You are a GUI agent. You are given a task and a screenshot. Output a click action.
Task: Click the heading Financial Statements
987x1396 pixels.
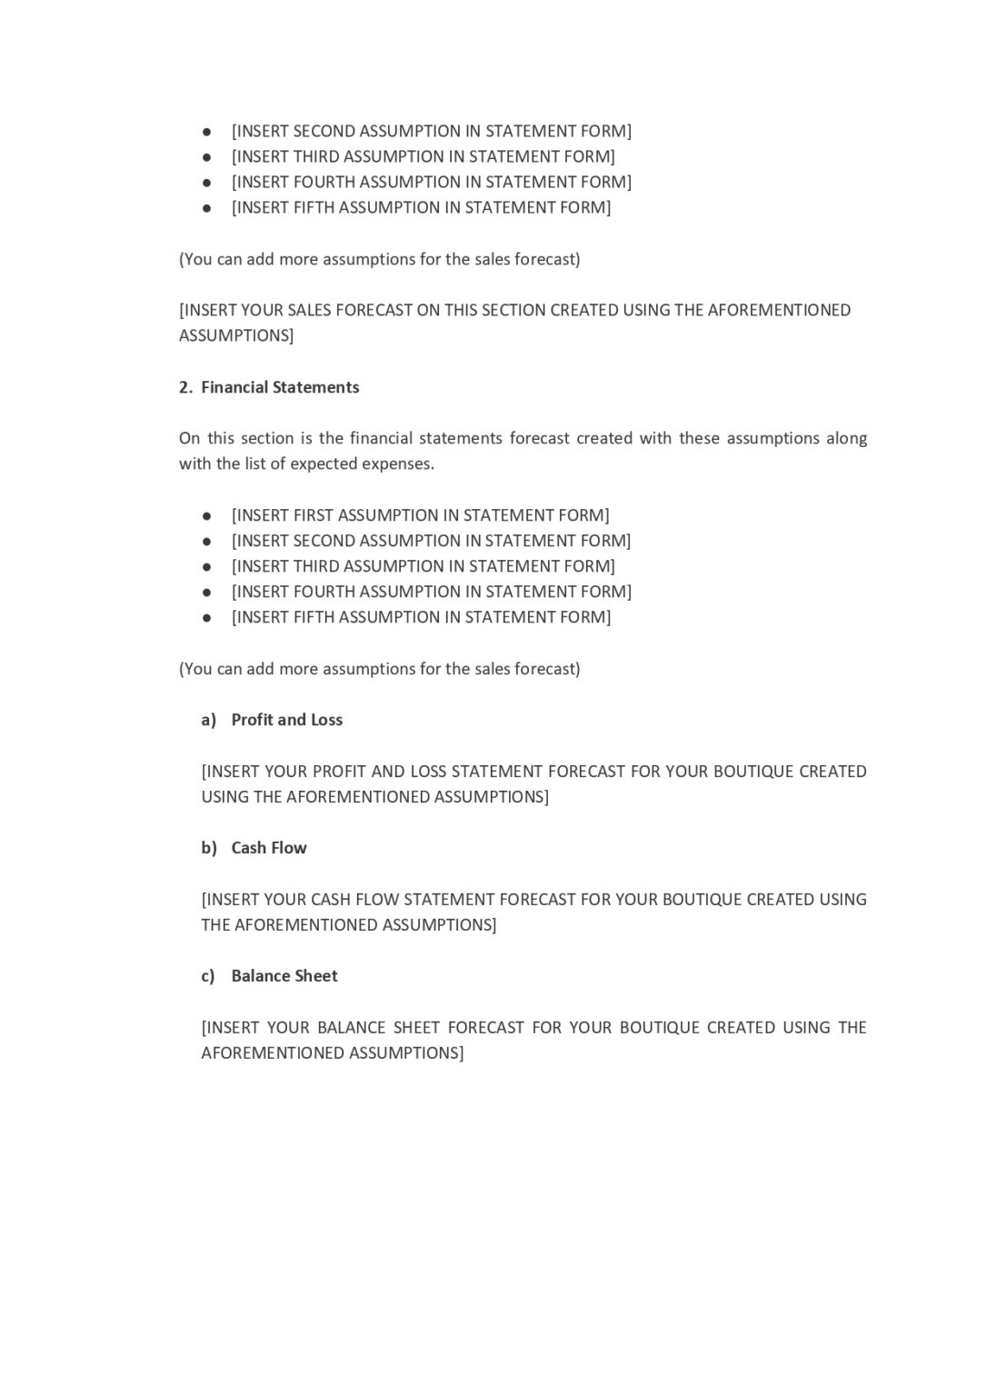click(x=280, y=387)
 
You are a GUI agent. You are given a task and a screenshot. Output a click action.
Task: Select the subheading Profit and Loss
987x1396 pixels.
click(x=286, y=720)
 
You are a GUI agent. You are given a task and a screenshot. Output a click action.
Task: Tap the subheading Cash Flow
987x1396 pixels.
click(x=269, y=848)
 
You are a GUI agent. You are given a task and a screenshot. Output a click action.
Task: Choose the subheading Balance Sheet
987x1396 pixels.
click(x=284, y=976)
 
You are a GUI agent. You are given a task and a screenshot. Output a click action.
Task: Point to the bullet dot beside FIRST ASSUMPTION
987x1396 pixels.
click(x=207, y=516)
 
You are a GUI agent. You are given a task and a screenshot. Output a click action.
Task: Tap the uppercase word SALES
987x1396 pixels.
click(x=309, y=310)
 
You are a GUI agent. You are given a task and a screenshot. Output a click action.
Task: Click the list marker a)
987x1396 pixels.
click(x=209, y=720)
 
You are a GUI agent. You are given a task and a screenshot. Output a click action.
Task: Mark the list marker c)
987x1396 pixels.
click(x=208, y=976)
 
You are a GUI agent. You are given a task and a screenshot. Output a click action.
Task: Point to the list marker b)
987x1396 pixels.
click(x=209, y=848)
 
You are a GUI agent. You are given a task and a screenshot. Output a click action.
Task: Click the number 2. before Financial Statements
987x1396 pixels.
click(x=185, y=387)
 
